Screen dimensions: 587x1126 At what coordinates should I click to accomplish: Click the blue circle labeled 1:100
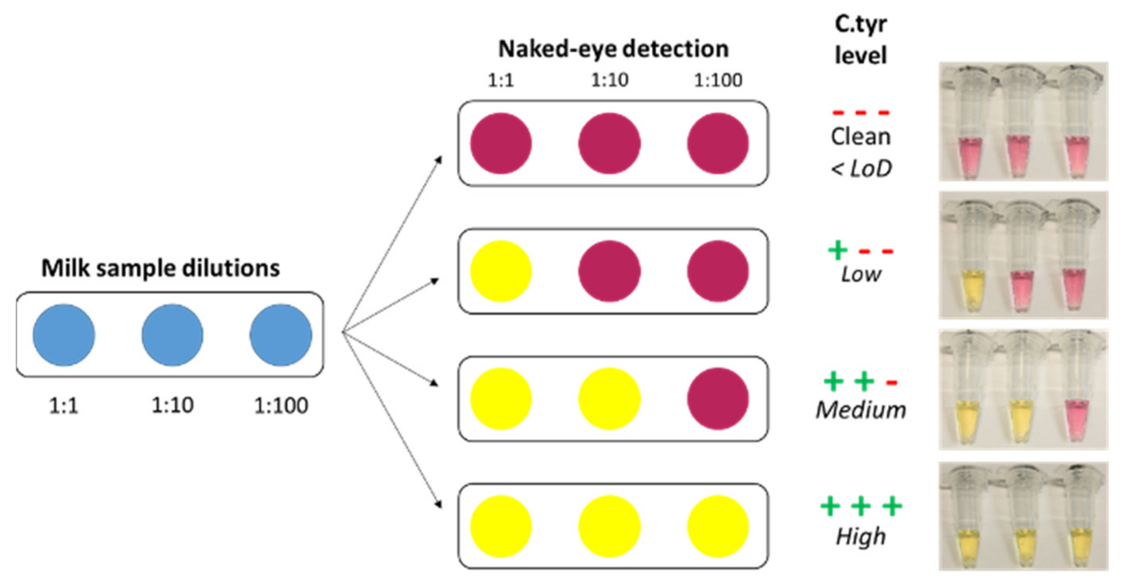[281, 335]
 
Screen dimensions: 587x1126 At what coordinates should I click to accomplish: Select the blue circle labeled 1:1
[64, 335]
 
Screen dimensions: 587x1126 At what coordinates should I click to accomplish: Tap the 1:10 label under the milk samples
[172, 405]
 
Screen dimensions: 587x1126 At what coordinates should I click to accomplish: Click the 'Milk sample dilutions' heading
[161, 268]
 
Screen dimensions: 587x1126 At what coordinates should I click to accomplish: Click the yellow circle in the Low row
[500, 271]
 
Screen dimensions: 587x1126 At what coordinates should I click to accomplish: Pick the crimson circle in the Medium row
[717, 399]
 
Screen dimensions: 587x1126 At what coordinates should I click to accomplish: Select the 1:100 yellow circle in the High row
[717, 526]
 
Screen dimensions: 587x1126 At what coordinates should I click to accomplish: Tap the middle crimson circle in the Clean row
[609, 144]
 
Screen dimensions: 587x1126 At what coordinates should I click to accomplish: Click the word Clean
[860, 137]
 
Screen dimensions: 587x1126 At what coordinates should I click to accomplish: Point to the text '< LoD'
[860, 169]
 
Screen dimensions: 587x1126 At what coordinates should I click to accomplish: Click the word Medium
[860, 410]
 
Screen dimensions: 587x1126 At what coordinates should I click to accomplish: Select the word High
[860, 536]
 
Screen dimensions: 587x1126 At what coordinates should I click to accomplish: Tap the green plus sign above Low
[837, 250]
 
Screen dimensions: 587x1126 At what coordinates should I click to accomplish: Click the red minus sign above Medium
[891, 383]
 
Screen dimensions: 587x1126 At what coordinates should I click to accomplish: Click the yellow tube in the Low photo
[971, 289]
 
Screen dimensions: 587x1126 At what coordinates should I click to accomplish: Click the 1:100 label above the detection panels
[718, 81]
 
